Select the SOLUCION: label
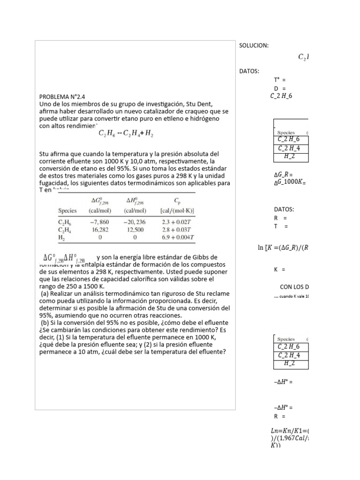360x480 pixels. click(x=254, y=45)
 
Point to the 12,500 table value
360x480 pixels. click(x=135, y=230)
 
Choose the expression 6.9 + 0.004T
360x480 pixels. click(x=177, y=238)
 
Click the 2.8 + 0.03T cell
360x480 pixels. click(x=177, y=230)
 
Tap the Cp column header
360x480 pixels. click(x=177, y=201)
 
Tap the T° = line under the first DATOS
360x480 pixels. click(x=280, y=80)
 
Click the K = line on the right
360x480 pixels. click(x=280, y=270)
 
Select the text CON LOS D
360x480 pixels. click(x=294, y=286)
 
